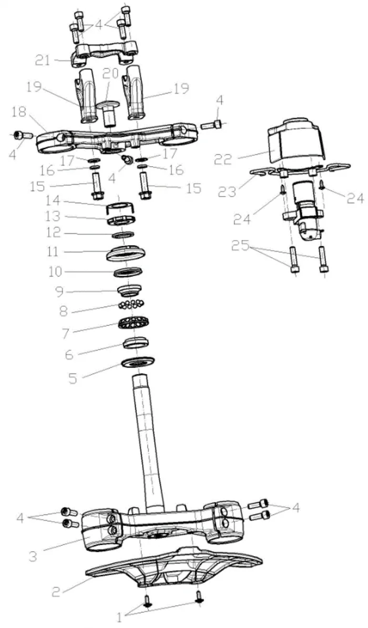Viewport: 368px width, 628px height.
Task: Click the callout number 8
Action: click(x=64, y=310)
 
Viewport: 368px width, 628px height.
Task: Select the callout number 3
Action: click(x=33, y=555)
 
